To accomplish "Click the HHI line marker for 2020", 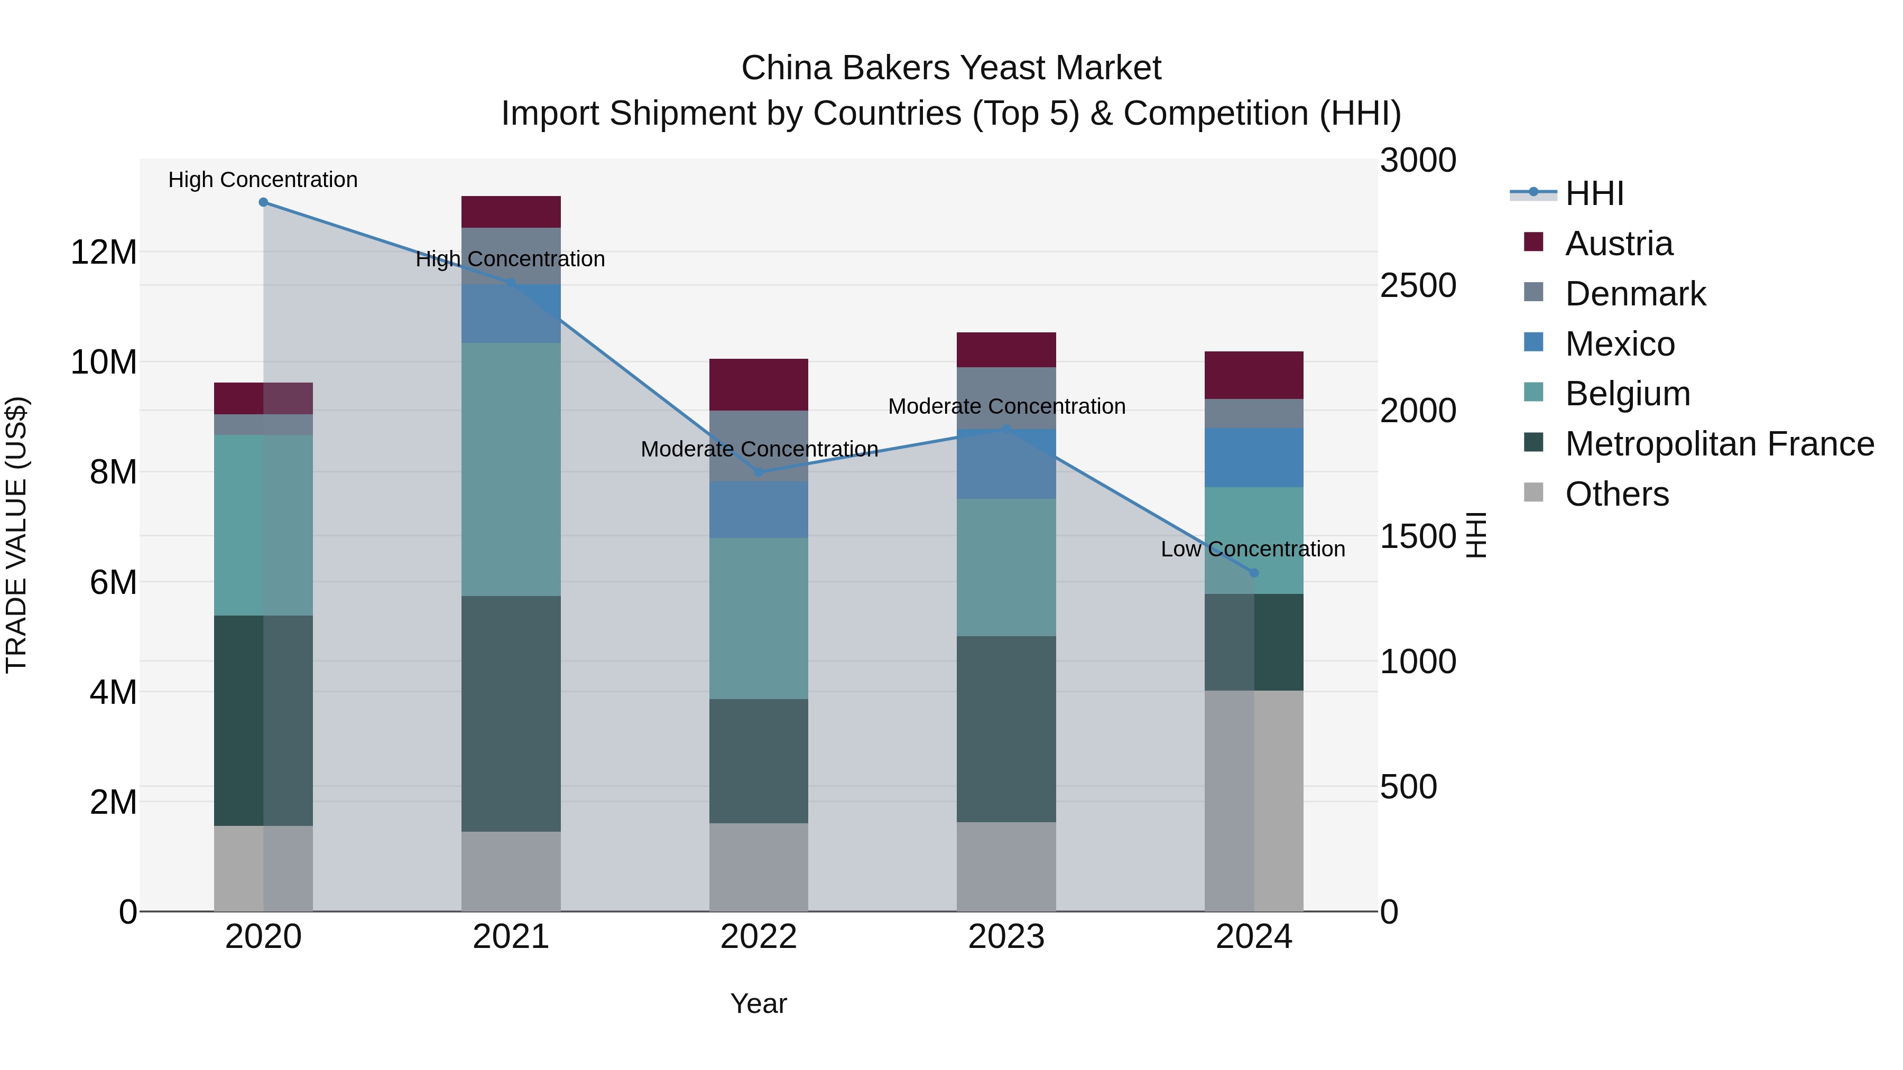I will [x=263, y=202].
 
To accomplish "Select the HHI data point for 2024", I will [x=1254, y=573].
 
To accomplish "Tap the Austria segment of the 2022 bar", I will [x=759, y=385].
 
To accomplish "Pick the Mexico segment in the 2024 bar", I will [x=1254, y=457].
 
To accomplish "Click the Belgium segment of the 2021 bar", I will [x=511, y=469].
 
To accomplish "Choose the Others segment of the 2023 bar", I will [x=1006, y=866].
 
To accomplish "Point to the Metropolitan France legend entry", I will [x=1719, y=444].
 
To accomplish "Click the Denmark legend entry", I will [x=1635, y=294].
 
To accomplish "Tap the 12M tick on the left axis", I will [x=104, y=253].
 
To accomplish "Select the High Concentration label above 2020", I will [x=263, y=180].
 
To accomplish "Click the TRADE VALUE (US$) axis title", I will [x=16, y=535].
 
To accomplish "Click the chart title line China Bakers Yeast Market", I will [x=951, y=68].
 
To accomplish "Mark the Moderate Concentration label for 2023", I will [x=1006, y=407].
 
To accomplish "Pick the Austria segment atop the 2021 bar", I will [x=511, y=212].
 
